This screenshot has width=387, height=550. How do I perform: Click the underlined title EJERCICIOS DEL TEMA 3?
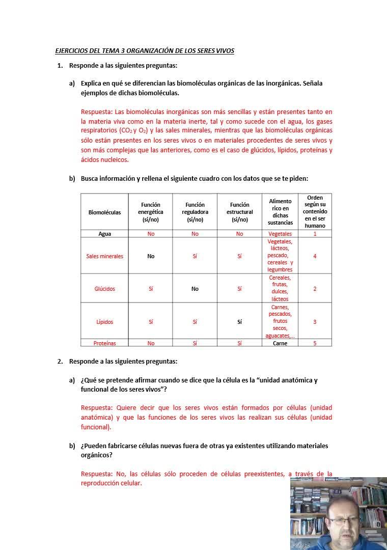(145, 51)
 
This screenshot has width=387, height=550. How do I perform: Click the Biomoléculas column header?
(105, 212)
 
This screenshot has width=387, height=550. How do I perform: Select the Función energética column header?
(151, 212)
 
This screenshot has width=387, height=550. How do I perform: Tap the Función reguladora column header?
(195, 212)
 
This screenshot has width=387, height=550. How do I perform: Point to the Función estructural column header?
(239, 212)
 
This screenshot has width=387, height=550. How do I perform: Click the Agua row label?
(105, 234)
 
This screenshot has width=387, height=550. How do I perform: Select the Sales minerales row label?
(105, 256)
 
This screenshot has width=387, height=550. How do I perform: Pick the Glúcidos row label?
(105, 289)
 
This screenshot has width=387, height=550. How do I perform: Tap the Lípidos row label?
(105, 322)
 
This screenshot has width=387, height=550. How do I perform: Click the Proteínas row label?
(105, 343)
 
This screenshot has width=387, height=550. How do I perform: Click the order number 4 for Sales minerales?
(315, 256)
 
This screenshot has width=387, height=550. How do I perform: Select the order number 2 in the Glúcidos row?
(315, 289)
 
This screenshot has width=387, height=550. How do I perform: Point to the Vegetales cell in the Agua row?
(280, 234)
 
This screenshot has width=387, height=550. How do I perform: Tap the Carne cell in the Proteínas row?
(280, 343)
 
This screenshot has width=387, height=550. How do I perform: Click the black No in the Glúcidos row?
(195, 289)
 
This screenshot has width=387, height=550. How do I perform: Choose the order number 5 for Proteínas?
(315, 343)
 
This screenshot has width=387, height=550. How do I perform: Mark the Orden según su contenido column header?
(315, 211)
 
